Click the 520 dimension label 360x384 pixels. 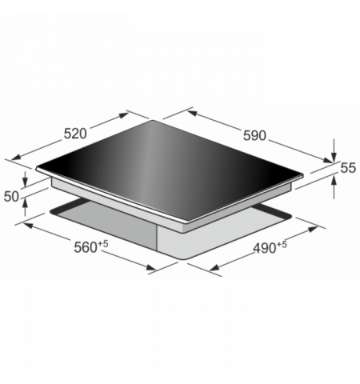click(x=75, y=134)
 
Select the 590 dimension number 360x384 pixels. click(x=254, y=135)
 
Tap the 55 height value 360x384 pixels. click(x=348, y=168)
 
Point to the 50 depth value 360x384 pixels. click(x=11, y=197)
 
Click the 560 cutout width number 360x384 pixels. click(x=86, y=247)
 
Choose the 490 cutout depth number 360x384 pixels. click(x=265, y=248)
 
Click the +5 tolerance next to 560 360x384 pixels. click(x=103, y=243)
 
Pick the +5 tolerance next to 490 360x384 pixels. click(x=282, y=245)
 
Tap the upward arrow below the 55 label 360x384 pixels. click(x=334, y=188)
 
